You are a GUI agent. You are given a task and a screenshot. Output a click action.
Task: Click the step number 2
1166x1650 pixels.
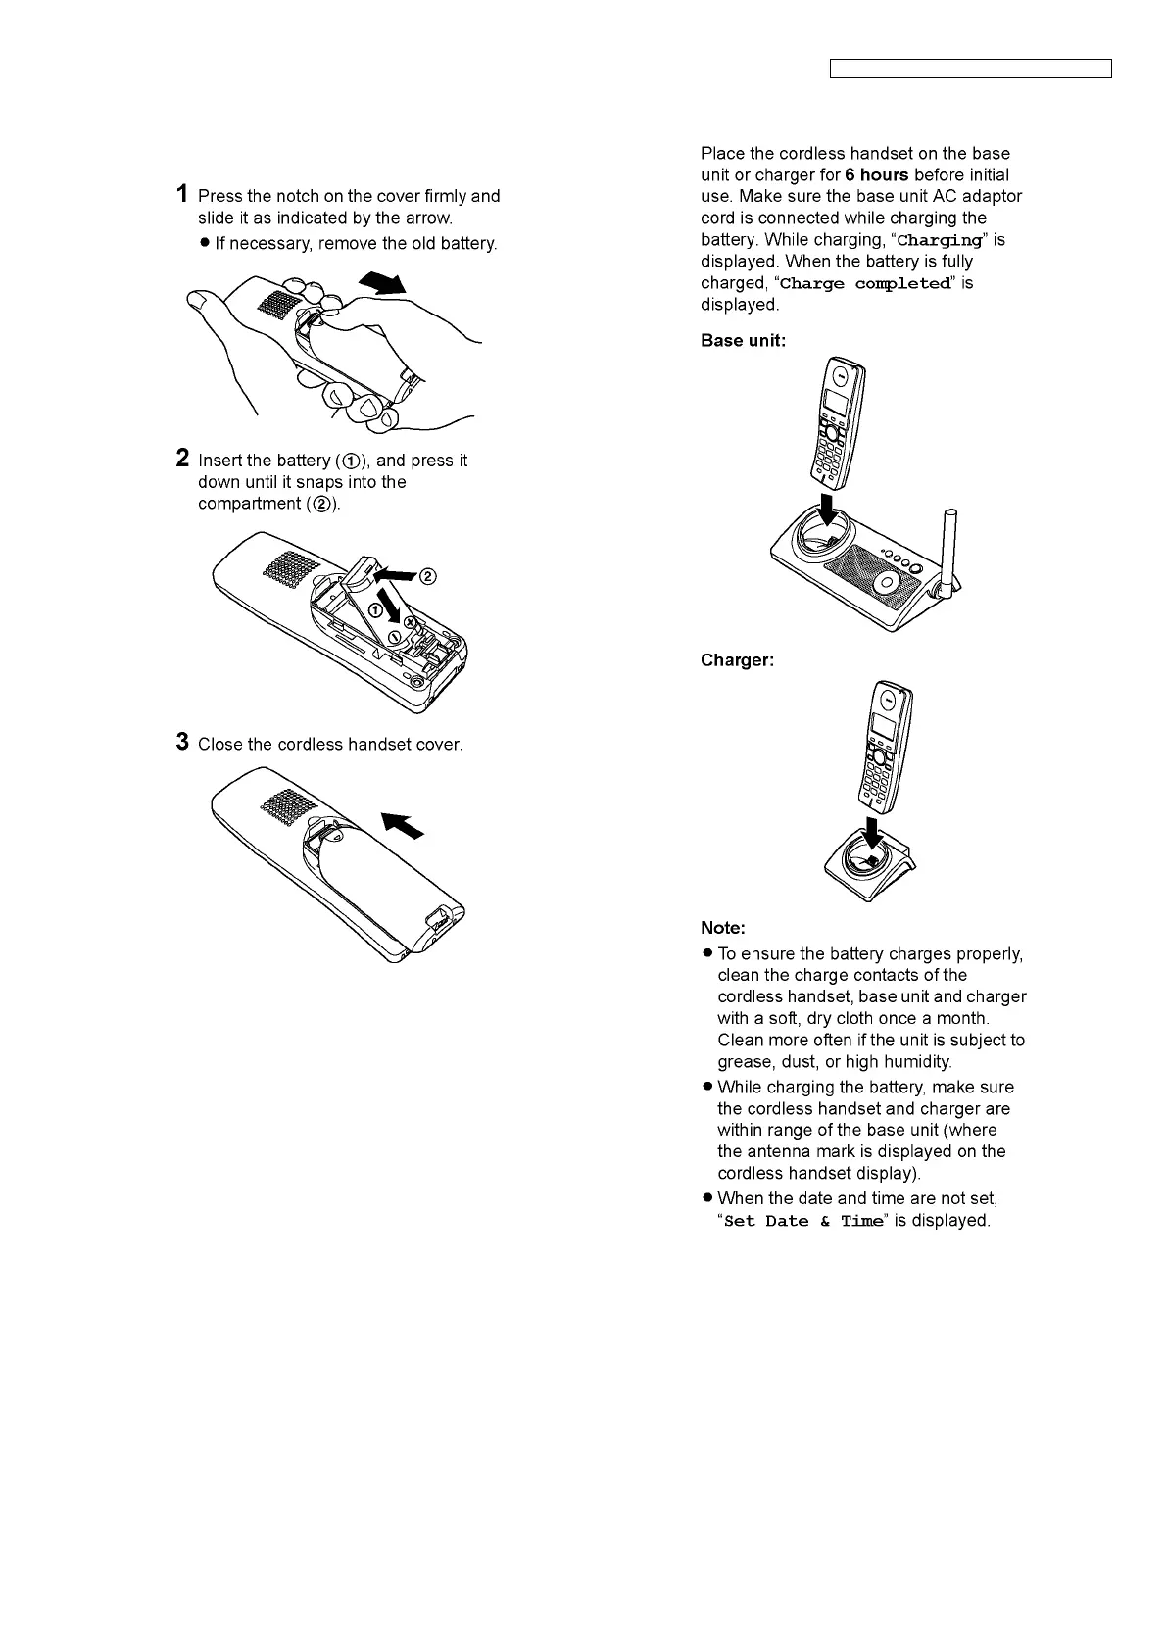click(182, 458)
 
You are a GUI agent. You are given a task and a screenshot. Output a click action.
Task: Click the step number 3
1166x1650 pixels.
click(182, 741)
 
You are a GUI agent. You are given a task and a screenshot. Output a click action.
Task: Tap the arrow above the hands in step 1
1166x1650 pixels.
click(383, 282)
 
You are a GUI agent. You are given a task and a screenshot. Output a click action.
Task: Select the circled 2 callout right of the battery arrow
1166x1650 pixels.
click(427, 576)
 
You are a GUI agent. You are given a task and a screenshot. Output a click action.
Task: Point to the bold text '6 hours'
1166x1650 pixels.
click(876, 175)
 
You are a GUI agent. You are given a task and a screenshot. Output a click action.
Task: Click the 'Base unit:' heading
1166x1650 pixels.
click(743, 341)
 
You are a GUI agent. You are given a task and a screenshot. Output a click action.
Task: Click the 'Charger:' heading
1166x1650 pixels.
click(737, 660)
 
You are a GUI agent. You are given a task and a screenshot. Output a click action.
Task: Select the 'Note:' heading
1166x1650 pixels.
click(722, 927)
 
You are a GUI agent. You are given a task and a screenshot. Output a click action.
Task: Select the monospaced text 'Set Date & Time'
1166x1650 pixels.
click(802, 1221)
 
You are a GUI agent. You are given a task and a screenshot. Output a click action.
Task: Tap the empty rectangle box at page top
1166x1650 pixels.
click(970, 69)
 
